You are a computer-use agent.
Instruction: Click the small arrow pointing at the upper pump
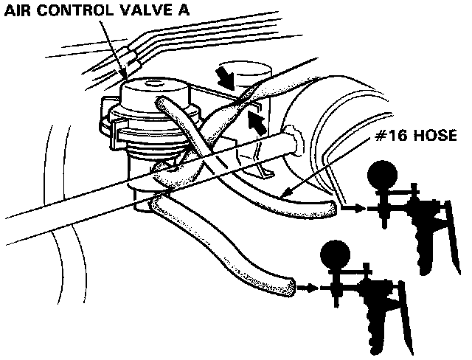click(x=352, y=210)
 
